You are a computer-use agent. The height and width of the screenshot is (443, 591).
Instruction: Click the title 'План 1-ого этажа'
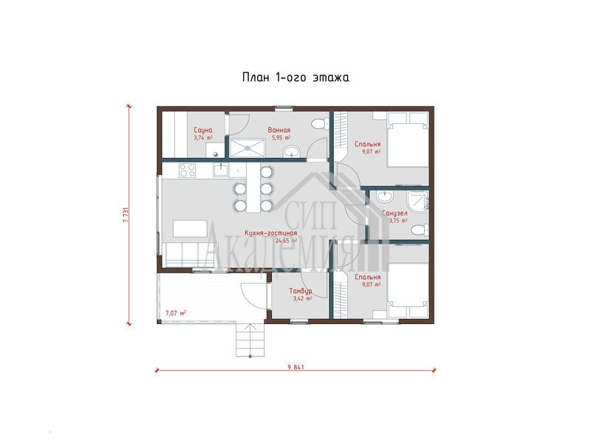tap(295, 78)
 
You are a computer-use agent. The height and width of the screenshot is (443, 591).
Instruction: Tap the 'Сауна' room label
tap(203, 130)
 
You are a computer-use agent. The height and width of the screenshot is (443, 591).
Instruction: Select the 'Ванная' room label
tap(279, 130)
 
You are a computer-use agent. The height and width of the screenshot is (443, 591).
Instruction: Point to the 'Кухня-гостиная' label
tap(270, 233)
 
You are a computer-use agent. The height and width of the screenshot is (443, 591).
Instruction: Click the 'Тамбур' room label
tap(301, 291)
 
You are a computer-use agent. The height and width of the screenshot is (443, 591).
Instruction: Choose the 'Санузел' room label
tap(394, 213)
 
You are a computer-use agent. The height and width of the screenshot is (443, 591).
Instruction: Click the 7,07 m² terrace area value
tap(176, 312)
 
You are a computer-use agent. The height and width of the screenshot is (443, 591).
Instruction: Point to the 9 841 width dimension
tap(295, 367)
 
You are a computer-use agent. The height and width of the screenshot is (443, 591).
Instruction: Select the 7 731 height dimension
tap(126, 215)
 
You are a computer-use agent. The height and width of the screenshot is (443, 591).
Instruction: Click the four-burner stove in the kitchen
tap(188, 170)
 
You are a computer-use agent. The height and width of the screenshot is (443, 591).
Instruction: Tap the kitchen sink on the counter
tap(220, 170)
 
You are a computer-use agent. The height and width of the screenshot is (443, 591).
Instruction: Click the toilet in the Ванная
tap(321, 123)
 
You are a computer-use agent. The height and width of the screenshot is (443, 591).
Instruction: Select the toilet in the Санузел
tap(420, 230)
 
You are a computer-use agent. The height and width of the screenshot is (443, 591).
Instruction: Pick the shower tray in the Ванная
tap(247, 148)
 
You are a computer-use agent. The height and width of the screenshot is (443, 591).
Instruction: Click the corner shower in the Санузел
tap(418, 201)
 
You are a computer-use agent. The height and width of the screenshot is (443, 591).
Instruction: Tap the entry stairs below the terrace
tap(250, 340)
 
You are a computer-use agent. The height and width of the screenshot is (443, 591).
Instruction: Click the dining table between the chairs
tap(253, 188)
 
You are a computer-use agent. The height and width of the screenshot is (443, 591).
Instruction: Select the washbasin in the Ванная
tap(291, 152)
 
